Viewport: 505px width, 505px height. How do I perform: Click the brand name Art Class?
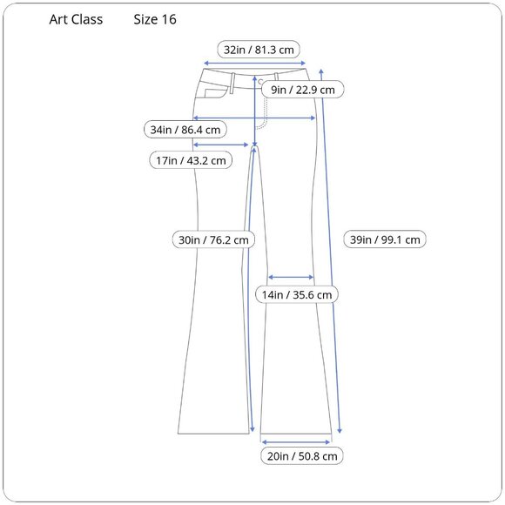pyautogui.click(x=76, y=20)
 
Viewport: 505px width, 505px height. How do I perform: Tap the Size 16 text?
pyautogui.click(x=155, y=20)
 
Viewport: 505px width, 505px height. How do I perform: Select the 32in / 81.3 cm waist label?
pyautogui.click(x=259, y=50)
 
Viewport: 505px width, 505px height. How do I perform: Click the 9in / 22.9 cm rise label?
pyautogui.click(x=303, y=90)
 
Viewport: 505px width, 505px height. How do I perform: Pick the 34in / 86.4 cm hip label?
pyautogui.click(x=185, y=130)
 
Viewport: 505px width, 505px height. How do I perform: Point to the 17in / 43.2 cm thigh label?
pyautogui.click(x=191, y=160)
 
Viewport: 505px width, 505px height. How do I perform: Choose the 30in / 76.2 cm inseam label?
pyautogui.click(x=213, y=239)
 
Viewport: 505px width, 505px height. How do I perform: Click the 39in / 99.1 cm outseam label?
pyautogui.click(x=385, y=239)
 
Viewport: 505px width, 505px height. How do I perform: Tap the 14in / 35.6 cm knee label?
pyautogui.click(x=297, y=294)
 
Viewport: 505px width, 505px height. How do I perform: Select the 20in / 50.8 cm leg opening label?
pyautogui.click(x=302, y=455)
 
